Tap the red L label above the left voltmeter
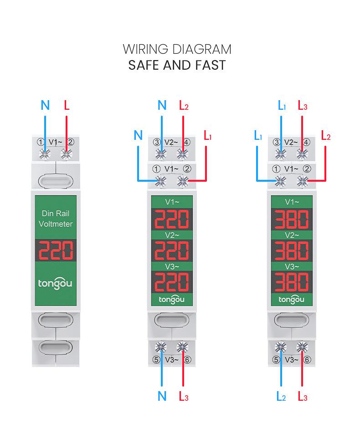click(x=67, y=105)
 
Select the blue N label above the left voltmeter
click(x=46, y=105)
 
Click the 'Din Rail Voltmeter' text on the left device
click(x=56, y=219)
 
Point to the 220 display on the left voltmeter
click(x=56, y=250)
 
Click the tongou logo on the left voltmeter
click(x=55, y=283)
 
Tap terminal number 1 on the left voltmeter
click(x=41, y=142)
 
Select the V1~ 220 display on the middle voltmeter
click(x=172, y=219)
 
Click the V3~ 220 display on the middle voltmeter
click(x=172, y=282)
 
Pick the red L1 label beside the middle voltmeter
click(x=207, y=136)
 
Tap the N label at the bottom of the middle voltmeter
click(x=162, y=396)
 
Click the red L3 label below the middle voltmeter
click(x=183, y=397)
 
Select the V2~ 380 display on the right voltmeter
click(x=292, y=250)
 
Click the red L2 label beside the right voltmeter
click(x=326, y=136)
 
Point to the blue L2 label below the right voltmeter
click(x=281, y=397)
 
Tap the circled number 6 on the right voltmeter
click(x=307, y=360)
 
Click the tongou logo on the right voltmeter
click(x=291, y=300)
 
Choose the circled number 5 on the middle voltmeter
click(x=156, y=360)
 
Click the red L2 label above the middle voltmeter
click(x=184, y=106)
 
